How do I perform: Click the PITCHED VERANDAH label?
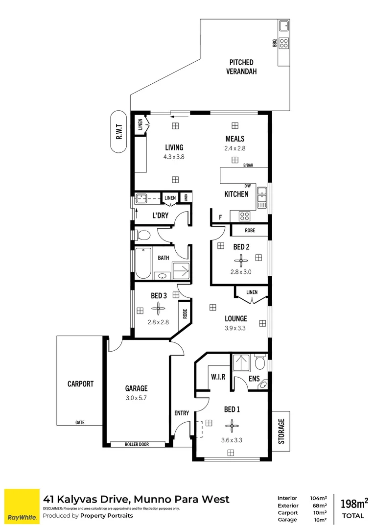(241, 67)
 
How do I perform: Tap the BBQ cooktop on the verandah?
(283, 43)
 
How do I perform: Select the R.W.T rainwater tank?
(118, 132)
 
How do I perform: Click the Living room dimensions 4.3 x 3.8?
(174, 157)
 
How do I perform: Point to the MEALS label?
(235, 139)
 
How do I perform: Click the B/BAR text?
(248, 166)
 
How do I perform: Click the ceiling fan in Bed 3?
(158, 309)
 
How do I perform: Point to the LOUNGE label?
(236, 318)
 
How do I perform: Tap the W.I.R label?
(218, 377)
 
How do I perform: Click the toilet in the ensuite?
(260, 364)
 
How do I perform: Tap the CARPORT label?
(80, 384)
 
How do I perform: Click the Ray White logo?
(22, 506)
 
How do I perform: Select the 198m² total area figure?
(353, 503)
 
